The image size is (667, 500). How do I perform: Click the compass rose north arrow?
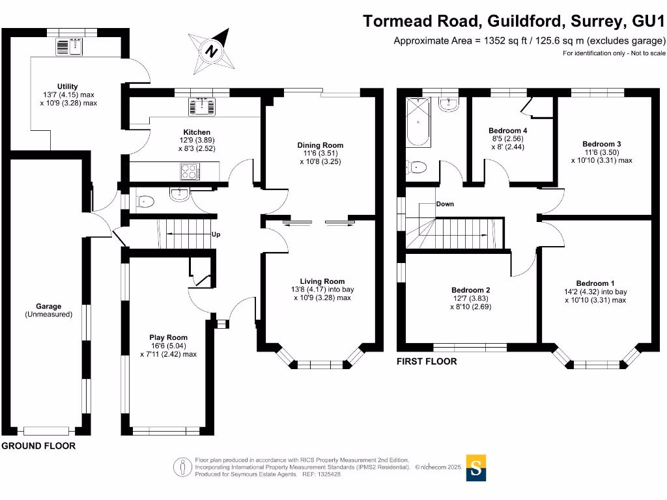[212, 49]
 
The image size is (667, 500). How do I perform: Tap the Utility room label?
[68, 87]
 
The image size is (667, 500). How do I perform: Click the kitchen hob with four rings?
[190, 171]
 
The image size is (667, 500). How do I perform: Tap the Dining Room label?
[320, 145]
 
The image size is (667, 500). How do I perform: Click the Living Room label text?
[320, 281]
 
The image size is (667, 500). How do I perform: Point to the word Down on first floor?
[445, 204]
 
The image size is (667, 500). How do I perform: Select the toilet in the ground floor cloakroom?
[145, 202]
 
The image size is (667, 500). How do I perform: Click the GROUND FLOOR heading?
[38, 446]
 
